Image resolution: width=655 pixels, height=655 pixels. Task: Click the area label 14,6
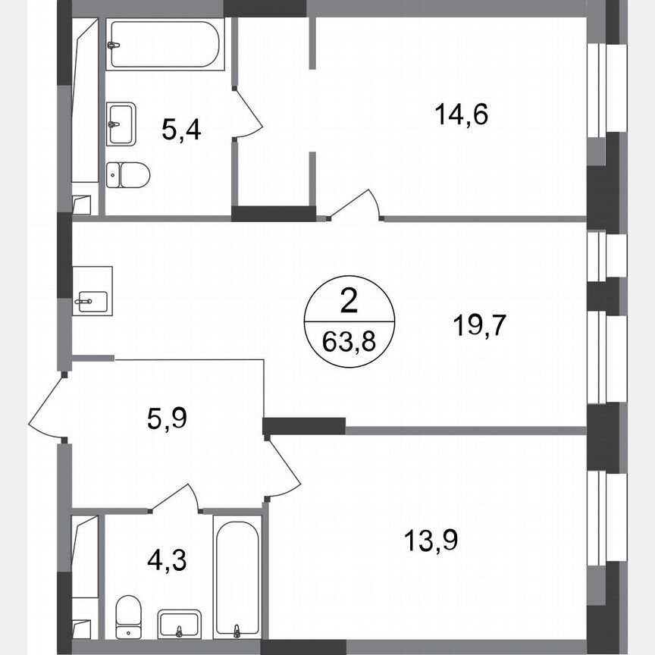(x=461, y=115)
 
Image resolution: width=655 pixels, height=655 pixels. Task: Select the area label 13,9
(x=431, y=541)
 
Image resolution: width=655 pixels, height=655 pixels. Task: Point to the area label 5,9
(x=167, y=417)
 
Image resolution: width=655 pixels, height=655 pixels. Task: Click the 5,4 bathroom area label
(x=181, y=130)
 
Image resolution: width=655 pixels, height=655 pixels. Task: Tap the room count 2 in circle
(x=349, y=303)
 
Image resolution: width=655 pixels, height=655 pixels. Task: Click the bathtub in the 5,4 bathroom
(x=165, y=45)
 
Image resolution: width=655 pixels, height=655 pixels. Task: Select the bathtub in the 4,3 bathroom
(x=238, y=576)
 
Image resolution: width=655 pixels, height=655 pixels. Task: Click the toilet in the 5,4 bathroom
(x=127, y=174)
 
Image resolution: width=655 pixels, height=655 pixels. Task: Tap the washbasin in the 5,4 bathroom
(x=121, y=124)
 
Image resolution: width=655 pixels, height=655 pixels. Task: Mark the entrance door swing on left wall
(x=48, y=406)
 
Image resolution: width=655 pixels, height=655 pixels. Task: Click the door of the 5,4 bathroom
(x=246, y=114)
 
